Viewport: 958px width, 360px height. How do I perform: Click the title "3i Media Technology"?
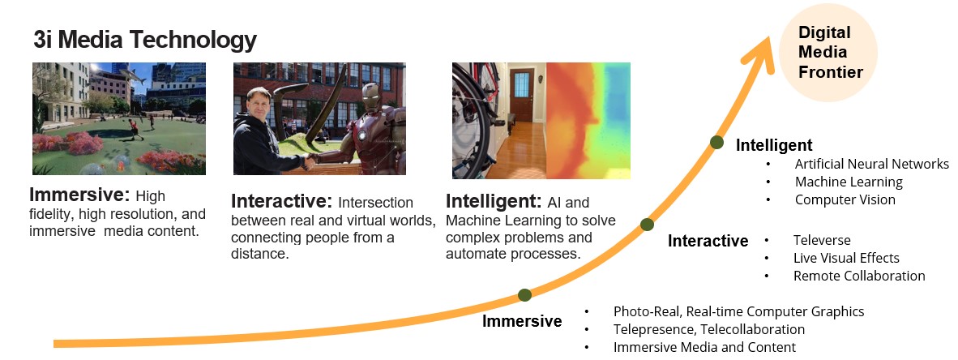click(145, 40)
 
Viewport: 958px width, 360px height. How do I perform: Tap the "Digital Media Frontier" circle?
click(828, 53)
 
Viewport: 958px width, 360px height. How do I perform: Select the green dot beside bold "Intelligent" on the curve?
click(717, 143)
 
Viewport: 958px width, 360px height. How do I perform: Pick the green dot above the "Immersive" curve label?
click(524, 295)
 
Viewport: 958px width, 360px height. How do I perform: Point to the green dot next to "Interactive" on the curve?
click(647, 225)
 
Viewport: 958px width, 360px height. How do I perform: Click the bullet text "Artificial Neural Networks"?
click(872, 164)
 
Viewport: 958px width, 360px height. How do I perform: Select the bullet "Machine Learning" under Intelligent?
click(849, 182)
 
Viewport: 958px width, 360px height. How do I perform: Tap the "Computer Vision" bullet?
click(845, 199)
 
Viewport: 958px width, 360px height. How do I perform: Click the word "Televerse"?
click(822, 240)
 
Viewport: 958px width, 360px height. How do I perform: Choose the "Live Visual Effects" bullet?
click(846, 258)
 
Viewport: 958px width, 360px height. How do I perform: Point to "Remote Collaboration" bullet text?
click(859, 276)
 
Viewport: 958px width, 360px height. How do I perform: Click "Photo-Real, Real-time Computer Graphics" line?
click(738, 311)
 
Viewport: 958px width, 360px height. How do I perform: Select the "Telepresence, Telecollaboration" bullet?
click(708, 329)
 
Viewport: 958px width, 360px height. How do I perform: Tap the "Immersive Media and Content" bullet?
click(704, 347)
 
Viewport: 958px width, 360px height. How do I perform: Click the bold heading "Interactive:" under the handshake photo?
click(281, 201)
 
